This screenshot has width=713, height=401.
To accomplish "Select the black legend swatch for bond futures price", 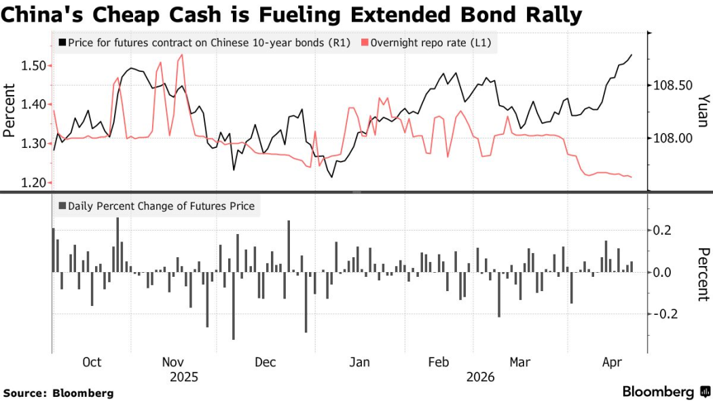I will (x=62, y=43).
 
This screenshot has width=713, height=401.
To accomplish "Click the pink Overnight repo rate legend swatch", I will (x=365, y=43).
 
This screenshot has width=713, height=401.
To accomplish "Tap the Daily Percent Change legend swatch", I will (x=62, y=206).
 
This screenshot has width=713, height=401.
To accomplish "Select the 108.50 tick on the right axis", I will (x=672, y=85).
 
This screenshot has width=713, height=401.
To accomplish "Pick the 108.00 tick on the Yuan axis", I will (x=672, y=138).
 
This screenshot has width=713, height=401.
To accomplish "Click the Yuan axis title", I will (x=703, y=111).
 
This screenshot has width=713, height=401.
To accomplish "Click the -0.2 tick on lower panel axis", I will (x=668, y=313).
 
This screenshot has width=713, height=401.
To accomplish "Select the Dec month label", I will (x=266, y=362).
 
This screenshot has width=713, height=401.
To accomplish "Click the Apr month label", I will (x=613, y=362).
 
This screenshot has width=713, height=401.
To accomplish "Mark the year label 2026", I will (x=481, y=377).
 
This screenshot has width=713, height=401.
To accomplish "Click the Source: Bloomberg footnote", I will (x=58, y=393).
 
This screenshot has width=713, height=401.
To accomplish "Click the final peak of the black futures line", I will (x=632, y=55).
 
